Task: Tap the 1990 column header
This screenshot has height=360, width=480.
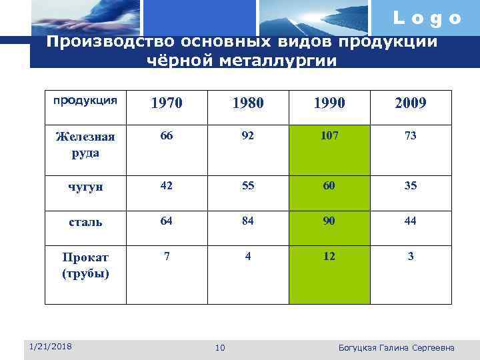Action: [x=329, y=103]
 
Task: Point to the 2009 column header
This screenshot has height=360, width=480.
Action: [x=411, y=103]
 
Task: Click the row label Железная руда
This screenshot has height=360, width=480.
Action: [x=85, y=144]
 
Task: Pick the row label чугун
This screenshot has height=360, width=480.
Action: [x=85, y=187]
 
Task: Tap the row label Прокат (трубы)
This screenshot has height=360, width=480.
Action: [x=85, y=265]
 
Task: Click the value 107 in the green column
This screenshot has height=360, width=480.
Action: [x=329, y=136]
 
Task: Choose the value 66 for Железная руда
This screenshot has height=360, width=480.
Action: [x=166, y=136]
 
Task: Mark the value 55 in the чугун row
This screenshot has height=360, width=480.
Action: [x=247, y=185]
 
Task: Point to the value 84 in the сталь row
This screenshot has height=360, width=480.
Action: [x=247, y=221]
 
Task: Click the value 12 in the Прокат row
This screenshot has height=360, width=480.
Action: [x=329, y=256]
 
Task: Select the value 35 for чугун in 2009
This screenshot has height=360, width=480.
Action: [x=411, y=185]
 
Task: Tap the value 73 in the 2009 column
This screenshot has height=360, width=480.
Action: [x=411, y=136]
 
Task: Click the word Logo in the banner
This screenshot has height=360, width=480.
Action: [x=427, y=19]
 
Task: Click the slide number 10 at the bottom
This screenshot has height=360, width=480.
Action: [x=221, y=347]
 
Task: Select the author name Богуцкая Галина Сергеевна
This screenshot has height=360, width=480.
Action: [x=397, y=347]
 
